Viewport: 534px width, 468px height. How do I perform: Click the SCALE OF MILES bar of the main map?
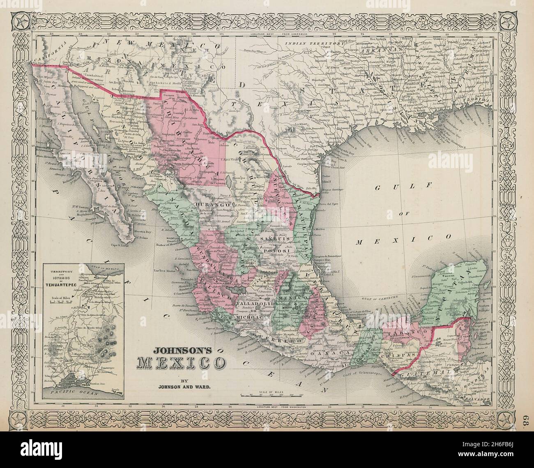click(272, 395)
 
